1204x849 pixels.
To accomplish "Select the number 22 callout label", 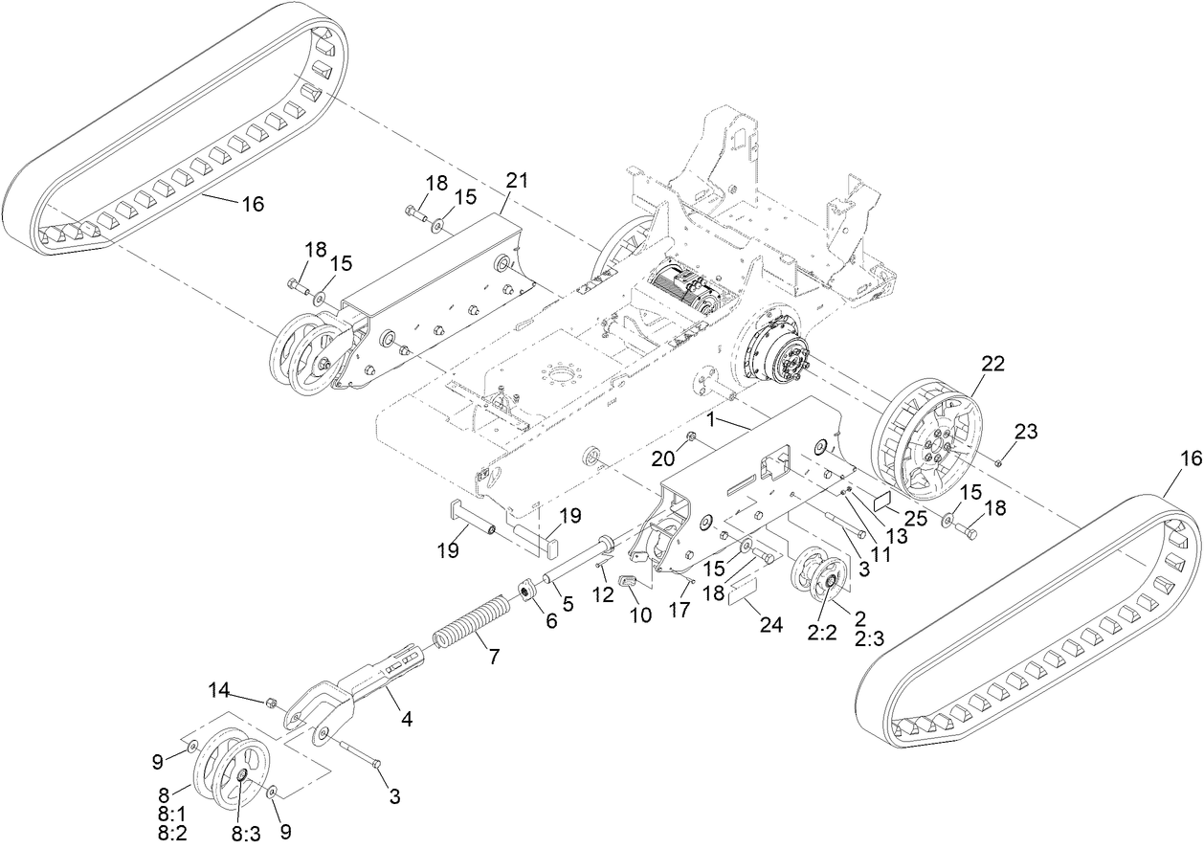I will (x=993, y=363).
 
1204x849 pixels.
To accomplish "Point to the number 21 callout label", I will (x=518, y=181).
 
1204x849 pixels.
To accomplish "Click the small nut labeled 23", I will (x=998, y=463).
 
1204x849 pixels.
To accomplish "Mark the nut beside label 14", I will (x=272, y=703).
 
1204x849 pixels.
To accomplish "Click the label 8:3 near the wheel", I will (x=244, y=833).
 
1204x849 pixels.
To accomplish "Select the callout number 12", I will (x=604, y=595).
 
